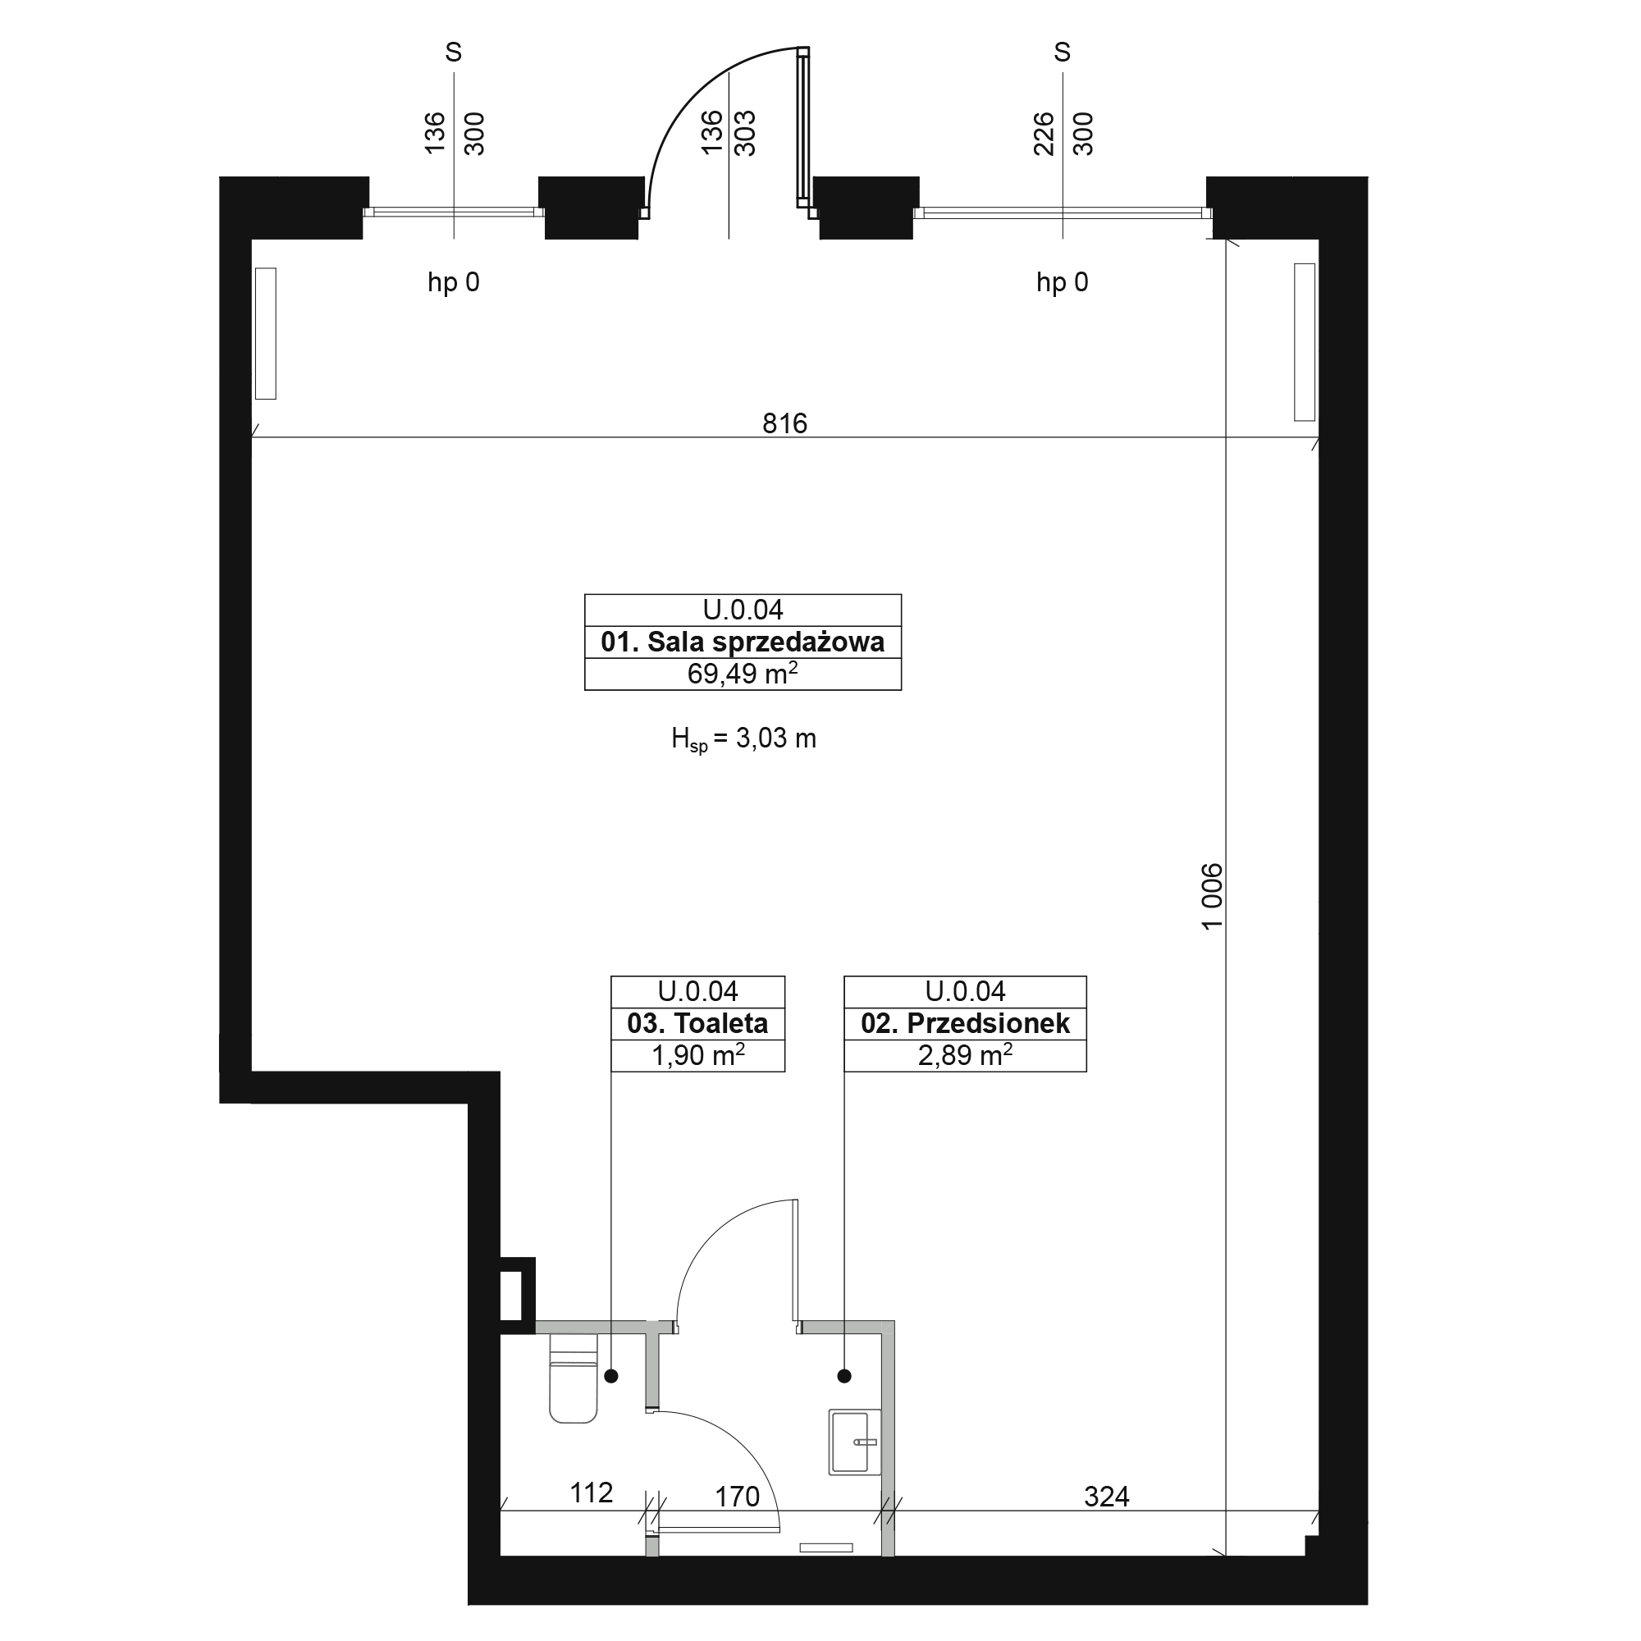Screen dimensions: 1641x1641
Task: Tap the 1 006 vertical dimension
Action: [x=1212, y=896]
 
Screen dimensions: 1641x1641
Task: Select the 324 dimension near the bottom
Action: [x=1106, y=1497]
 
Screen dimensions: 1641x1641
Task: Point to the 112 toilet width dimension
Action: [x=591, y=1492]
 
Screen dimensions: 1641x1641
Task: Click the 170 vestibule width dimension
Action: [x=737, y=1497]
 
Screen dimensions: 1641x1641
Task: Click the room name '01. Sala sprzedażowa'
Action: [x=743, y=642]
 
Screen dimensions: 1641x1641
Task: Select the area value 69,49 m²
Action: [x=743, y=674]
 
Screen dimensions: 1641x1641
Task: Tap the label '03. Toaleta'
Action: [x=697, y=1023]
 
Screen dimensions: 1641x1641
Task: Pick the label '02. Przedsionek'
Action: [x=965, y=1023]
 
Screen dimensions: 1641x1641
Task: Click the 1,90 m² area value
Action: [x=697, y=1055]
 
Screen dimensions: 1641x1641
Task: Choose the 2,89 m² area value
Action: [x=965, y=1055]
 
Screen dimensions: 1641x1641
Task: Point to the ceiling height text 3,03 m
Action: [x=775, y=738]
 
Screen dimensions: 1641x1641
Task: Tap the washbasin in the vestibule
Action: [x=854, y=1442]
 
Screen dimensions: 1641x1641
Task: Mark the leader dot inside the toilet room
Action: [x=610, y=1376]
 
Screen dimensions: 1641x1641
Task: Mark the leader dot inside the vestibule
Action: [x=844, y=1376]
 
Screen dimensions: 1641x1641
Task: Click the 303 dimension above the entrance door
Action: [x=745, y=134]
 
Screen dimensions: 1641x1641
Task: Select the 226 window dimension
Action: [x=1043, y=135]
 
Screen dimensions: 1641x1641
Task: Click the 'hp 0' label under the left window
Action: [x=454, y=282]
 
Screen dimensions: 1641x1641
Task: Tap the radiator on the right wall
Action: [x=1304, y=341]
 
